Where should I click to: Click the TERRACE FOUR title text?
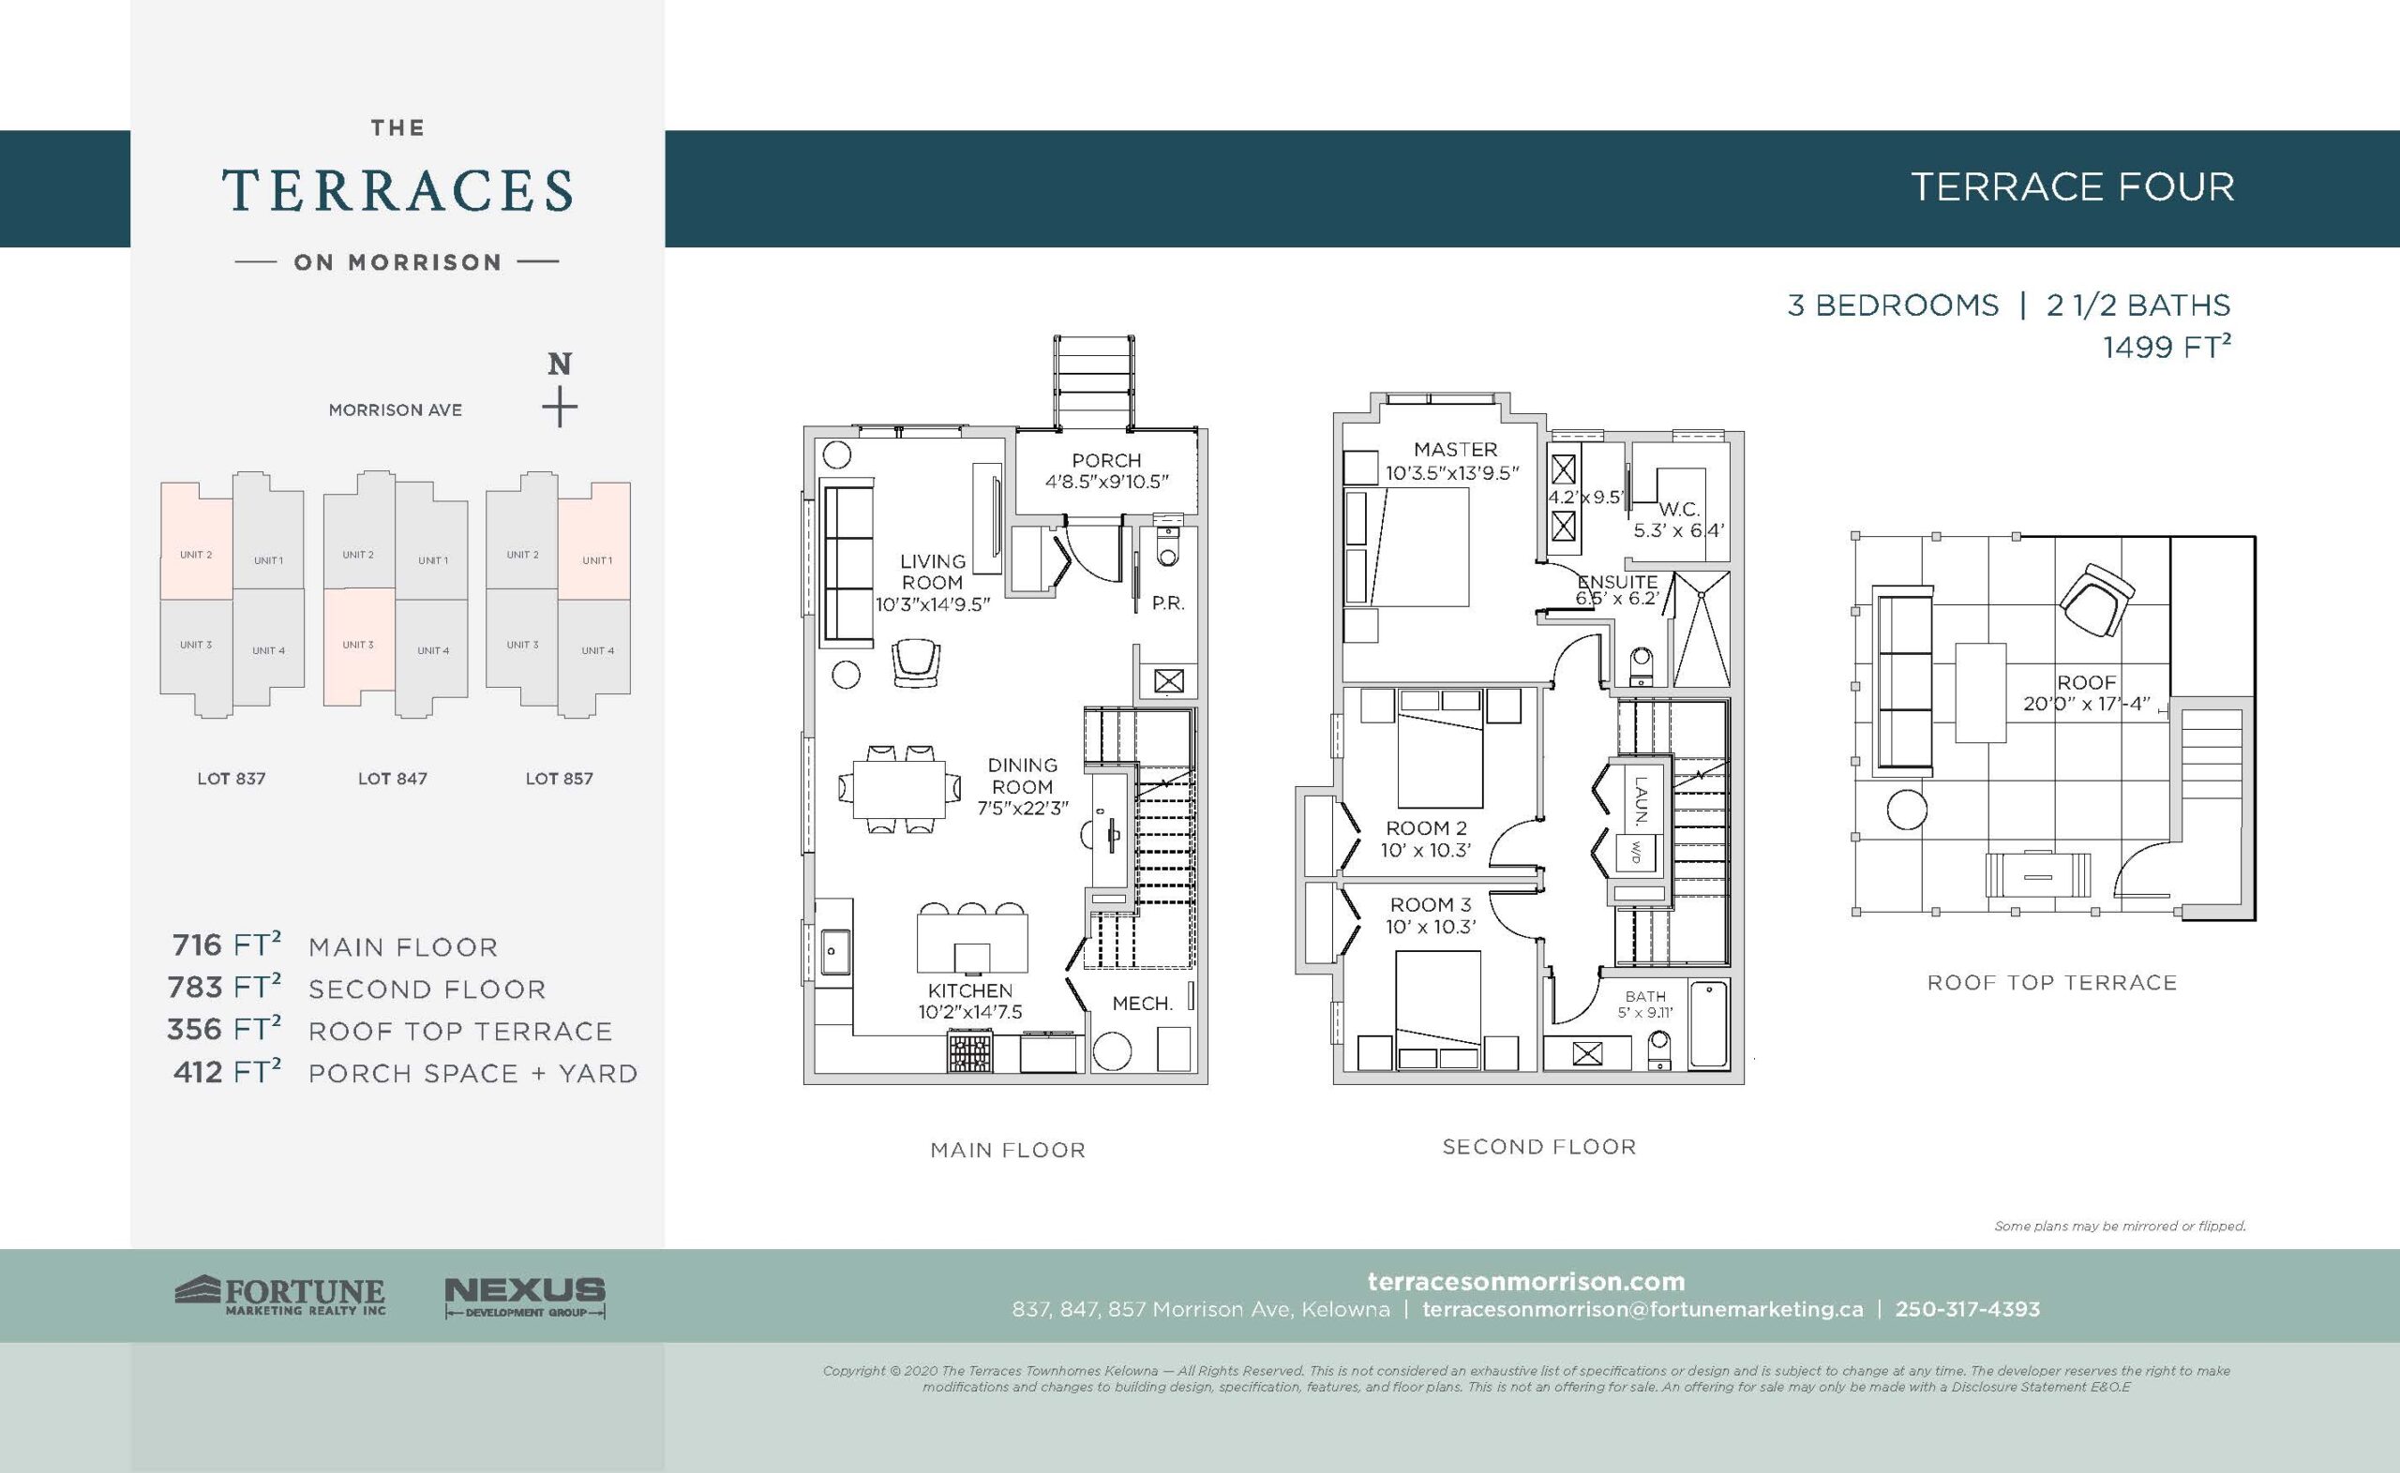click(2072, 187)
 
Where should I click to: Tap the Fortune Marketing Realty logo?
click(280, 1297)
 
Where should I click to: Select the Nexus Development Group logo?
click(524, 1297)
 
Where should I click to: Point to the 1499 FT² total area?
click(2167, 347)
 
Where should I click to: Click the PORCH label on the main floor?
click(1105, 460)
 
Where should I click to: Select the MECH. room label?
click(1141, 1004)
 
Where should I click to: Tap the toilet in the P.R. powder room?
click(1165, 550)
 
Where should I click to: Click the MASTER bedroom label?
click(1455, 449)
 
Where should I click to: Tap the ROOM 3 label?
click(1430, 905)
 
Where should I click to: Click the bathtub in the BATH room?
click(1709, 1026)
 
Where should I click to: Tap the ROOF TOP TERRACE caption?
click(2051, 983)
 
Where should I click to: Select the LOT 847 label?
click(392, 779)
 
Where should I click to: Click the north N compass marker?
click(560, 365)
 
